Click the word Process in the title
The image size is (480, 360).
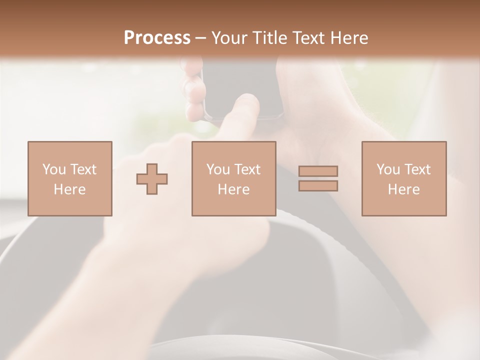pos(157,38)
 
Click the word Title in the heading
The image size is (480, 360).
pos(269,38)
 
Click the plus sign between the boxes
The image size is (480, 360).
pos(152,178)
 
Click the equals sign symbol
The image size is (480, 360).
pos(318,178)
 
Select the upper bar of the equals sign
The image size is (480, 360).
pos(318,171)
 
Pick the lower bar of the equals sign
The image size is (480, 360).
pos(318,186)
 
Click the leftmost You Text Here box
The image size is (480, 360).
pos(69,178)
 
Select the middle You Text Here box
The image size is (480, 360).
pos(233,178)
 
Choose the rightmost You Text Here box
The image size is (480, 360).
pos(403,178)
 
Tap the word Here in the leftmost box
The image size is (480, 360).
pos(69,189)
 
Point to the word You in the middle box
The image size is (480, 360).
pos(217,169)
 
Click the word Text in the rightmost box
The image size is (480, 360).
pos(416,169)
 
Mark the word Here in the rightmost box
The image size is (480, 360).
pos(403,189)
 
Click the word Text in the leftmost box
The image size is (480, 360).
pos(82,169)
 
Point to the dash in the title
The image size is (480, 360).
pos(200,38)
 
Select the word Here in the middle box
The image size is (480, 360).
pos(233,189)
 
